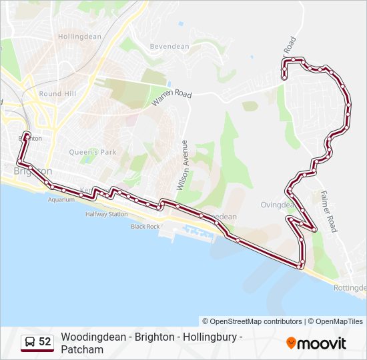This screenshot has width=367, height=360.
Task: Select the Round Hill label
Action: tap(59, 94)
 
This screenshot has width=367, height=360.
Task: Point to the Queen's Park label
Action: tap(93, 152)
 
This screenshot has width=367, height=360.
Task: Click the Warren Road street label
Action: tap(171, 95)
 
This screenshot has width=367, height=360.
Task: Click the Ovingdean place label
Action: tap(278, 205)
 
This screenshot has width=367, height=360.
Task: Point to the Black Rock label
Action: tap(145, 227)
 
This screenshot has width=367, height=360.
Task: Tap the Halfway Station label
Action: tap(106, 215)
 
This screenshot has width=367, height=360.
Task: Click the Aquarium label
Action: tap(61, 199)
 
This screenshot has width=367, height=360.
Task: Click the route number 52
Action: tap(45, 342)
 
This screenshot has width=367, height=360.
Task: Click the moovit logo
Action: tap(316, 343)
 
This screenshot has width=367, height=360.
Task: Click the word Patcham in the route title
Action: tap(82, 349)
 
